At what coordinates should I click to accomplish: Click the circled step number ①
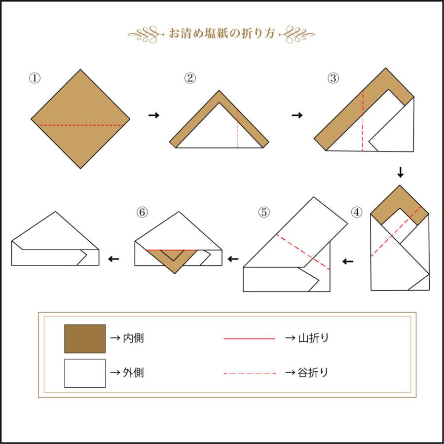pyautogui.click(x=35, y=78)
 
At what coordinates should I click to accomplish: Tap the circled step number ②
pyautogui.click(x=190, y=78)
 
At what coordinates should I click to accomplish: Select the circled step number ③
pyautogui.click(x=333, y=78)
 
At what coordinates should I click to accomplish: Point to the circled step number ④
pyautogui.click(x=357, y=212)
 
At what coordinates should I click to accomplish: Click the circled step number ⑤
pyautogui.click(x=264, y=212)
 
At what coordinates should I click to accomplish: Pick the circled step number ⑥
pyautogui.click(x=142, y=212)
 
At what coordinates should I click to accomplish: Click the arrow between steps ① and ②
pyautogui.click(x=154, y=115)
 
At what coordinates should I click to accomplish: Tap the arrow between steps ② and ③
pyautogui.click(x=297, y=115)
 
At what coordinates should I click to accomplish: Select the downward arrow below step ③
pyautogui.click(x=400, y=172)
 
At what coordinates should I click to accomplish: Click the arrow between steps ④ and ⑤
pyautogui.click(x=348, y=261)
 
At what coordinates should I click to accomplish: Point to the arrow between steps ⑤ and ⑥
pyautogui.click(x=233, y=259)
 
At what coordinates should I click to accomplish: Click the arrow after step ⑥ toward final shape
pyautogui.click(x=113, y=259)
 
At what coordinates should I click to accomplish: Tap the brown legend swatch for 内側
pyautogui.click(x=85, y=338)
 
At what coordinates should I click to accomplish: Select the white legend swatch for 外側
pyautogui.click(x=85, y=373)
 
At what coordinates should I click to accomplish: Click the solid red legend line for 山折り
pyautogui.click(x=250, y=338)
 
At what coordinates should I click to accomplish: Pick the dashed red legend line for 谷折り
pyautogui.click(x=250, y=373)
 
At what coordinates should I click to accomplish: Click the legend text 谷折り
pyautogui.click(x=313, y=372)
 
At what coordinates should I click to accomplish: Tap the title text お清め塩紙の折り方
pyautogui.click(x=222, y=34)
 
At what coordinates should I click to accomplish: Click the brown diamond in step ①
pyautogui.click(x=80, y=119)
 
